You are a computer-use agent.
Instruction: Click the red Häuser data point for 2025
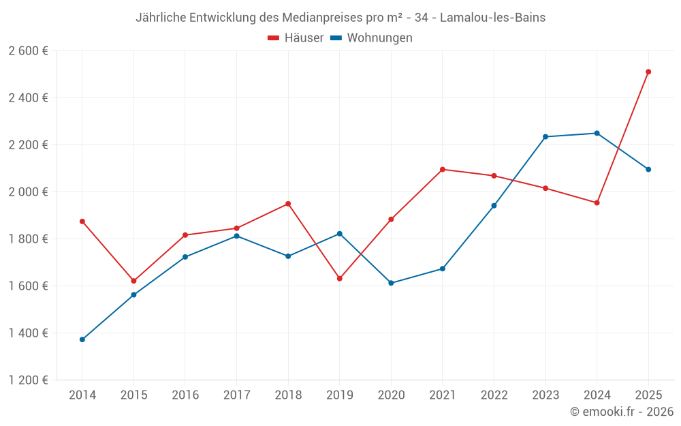648,72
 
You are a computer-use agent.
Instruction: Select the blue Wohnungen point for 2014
82,339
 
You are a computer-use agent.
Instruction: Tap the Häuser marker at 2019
340,279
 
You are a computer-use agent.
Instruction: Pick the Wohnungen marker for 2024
597,133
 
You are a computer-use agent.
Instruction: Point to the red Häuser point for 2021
443,169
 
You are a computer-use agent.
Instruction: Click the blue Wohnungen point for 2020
391,283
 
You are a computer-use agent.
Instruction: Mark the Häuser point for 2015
133,281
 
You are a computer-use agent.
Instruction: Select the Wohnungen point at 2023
545,137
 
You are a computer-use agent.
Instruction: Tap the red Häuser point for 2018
288,204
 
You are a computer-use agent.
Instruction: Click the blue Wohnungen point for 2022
494,205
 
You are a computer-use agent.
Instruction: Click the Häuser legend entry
296,38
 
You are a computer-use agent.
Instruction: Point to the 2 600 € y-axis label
28,51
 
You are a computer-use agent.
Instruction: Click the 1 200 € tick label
28,380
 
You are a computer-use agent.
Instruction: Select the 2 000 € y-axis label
28,192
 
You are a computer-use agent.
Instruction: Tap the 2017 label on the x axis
236,395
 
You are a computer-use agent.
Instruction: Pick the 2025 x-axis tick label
648,395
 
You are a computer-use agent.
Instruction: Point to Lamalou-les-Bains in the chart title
492,18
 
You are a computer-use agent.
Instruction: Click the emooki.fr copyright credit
621,412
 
